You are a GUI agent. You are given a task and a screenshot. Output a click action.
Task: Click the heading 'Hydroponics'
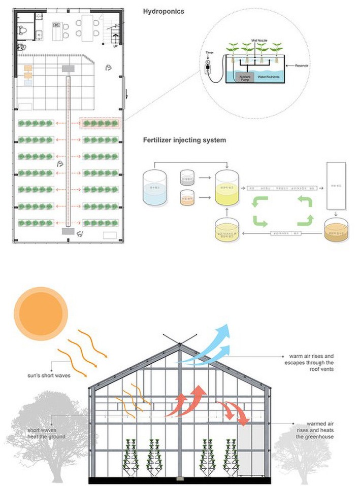coord(163,11)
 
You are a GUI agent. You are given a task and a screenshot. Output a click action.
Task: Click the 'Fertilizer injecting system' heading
coord(185,140)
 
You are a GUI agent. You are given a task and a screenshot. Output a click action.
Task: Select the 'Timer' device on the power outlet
coord(207,67)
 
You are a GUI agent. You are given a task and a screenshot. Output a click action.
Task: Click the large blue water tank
coord(155,188)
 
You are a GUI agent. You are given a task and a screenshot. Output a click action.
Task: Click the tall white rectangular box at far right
coord(334,186)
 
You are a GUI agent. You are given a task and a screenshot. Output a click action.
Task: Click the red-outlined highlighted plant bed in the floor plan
coord(101,123)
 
